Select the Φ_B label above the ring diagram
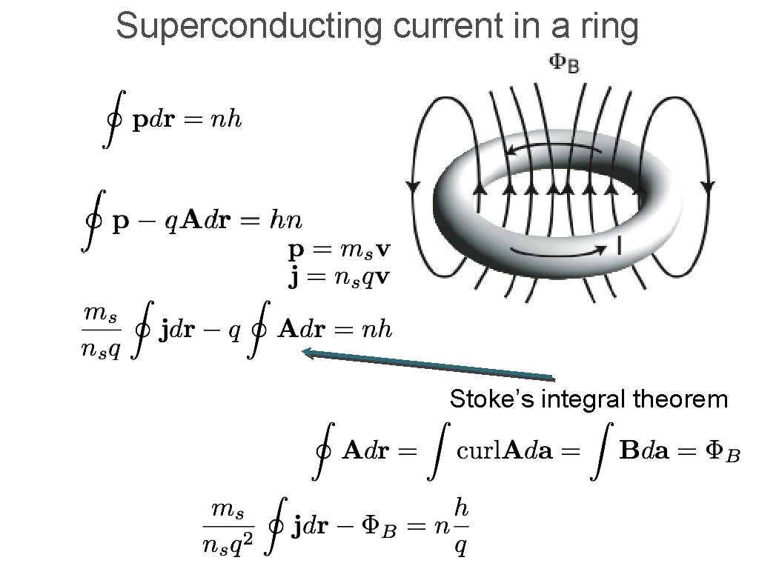563,64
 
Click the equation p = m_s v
337,250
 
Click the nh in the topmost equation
225,121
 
